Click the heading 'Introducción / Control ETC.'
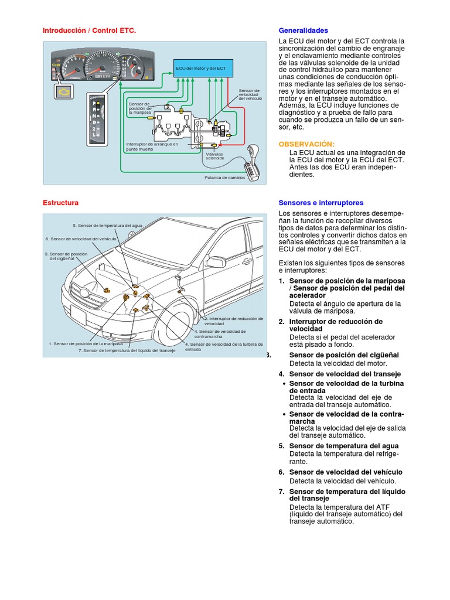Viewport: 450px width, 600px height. pyautogui.click(x=89, y=30)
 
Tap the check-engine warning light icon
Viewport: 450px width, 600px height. pyautogui.click(x=63, y=91)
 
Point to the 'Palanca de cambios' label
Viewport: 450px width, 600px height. pyautogui.click(x=224, y=177)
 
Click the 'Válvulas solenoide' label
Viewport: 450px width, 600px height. pyautogui.click(x=215, y=156)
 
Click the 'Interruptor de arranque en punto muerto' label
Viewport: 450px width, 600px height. pyautogui.click(x=152, y=146)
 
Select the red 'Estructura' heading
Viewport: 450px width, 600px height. pyautogui.click(x=60, y=203)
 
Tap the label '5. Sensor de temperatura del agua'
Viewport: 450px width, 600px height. pyautogui.click(x=107, y=226)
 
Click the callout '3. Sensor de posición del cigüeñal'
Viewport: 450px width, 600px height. pyautogui.click(x=66, y=256)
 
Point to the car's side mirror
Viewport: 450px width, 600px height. pyautogui.click(x=216, y=262)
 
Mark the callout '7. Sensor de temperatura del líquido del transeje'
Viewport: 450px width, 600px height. pyautogui.click(x=127, y=350)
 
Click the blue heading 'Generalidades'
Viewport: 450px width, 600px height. pyautogui.click(x=303, y=30)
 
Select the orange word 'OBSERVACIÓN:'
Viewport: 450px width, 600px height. pyautogui.click(x=306, y=144)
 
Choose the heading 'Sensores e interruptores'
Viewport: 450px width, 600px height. pyautogui.click(x=321, y=203)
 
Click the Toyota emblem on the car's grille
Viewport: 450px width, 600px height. pyautogui.click(x=86, y=293)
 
